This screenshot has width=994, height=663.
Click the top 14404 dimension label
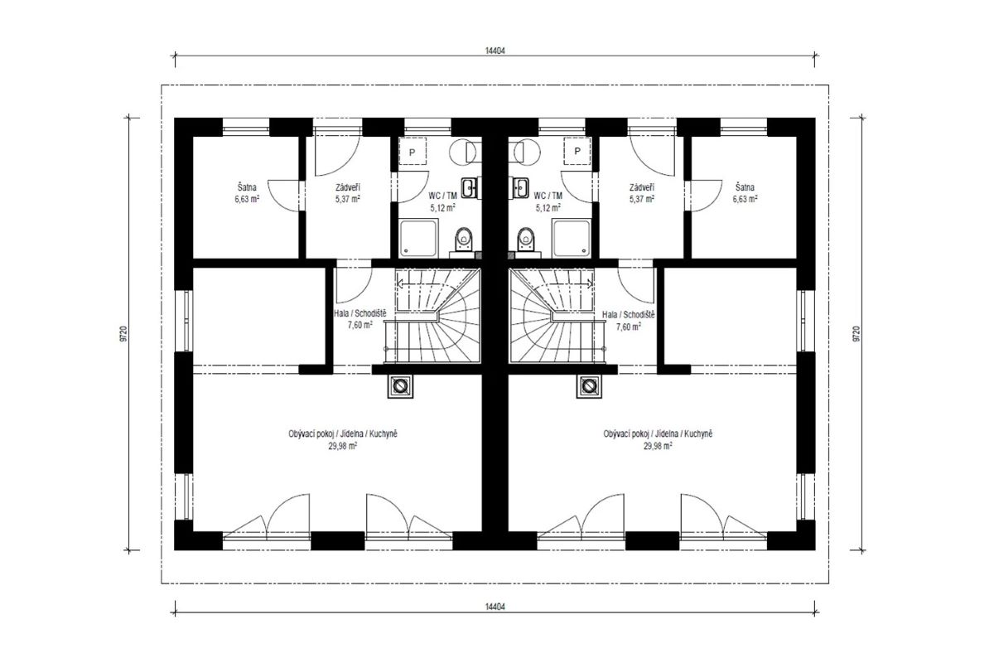tap(495, 51)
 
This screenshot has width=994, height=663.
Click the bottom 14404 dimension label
tap(495, 606)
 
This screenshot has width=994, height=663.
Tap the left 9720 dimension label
tap(123, 334)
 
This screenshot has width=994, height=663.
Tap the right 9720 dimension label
tap(856, 334)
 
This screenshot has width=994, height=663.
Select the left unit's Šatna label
tap(246, 187)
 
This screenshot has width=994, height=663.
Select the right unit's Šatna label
tap(745, 187)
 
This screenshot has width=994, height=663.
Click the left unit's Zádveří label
tap(347, 187)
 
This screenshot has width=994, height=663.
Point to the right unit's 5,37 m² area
tap(642, 199)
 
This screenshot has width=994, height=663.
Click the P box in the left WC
tap(413, 152)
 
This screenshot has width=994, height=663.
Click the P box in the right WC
tap(577, 152)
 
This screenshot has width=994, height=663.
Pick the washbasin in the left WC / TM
tap(469, 187)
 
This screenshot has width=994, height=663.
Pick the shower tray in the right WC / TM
tap(572, 238)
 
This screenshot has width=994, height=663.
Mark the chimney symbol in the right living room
tap(589, 386)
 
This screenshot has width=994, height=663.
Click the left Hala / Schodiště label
tap(360, 313)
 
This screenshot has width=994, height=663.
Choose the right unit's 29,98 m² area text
tap(658, 446)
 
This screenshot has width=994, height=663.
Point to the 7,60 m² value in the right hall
tap(629, 327)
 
